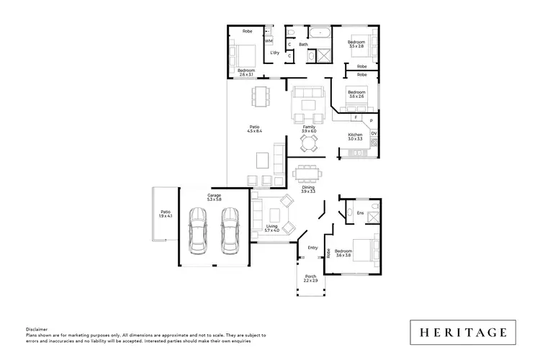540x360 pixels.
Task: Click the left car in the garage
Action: click(197, 230)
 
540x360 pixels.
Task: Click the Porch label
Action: click(311, 278)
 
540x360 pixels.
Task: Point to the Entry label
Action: click(312, 248)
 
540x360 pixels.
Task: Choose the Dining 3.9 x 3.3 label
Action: click(308, 189)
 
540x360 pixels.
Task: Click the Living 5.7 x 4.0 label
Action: click(271, 228)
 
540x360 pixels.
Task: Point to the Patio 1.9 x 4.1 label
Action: click(166, 214)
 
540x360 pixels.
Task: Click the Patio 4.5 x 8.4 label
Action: click(254, 130)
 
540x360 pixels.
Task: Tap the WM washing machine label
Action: click(269, 41)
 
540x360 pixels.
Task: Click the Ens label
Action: click(360, 213)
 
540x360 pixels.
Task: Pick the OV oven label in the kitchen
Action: click(374, 134)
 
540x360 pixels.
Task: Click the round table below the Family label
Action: click(309, 144)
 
